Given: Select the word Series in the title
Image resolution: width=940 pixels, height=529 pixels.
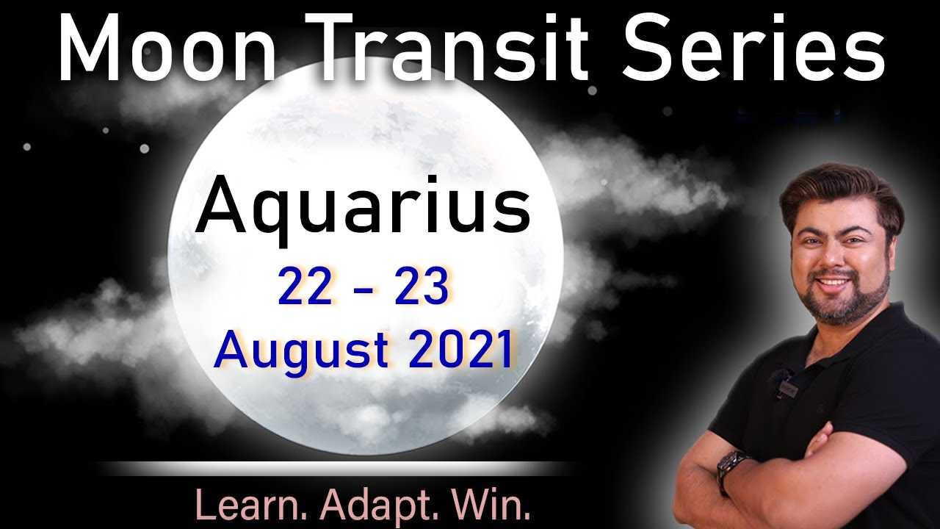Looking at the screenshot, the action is (753, 47).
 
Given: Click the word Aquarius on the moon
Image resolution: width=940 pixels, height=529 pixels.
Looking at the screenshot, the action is (364, 210).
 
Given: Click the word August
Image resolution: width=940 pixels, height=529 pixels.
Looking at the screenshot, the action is (301, 351).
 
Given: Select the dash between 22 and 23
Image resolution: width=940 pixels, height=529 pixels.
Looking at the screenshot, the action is (364, 289).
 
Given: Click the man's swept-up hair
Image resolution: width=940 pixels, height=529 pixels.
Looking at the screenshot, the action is (839, 189).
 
